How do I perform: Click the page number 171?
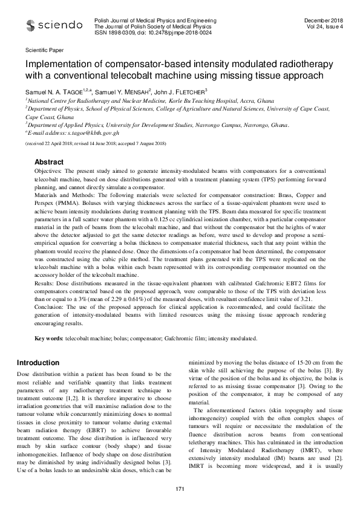[x=180, y=488]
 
